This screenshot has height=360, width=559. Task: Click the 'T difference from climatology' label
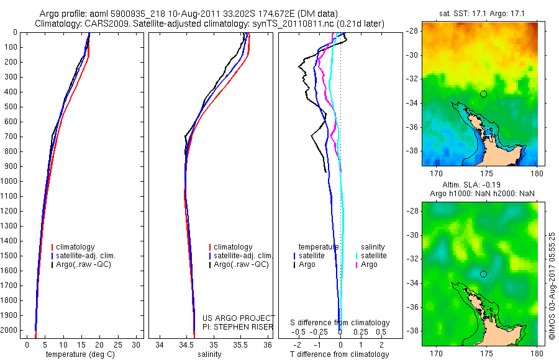(x=340, y=354)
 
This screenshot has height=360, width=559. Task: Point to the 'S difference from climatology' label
(x=340, y=323)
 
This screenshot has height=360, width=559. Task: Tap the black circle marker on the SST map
(x=483, y=94)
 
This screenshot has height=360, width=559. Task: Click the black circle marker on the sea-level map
(x=483, y=274)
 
